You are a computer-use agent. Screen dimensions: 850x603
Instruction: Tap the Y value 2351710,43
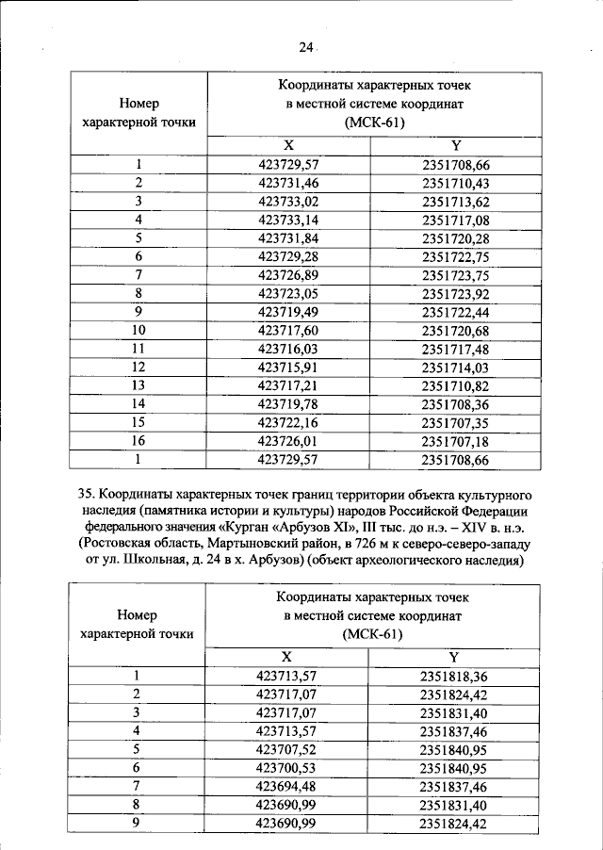[x=456, y=183]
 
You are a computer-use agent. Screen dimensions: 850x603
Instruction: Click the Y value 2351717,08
[x=456, y=220]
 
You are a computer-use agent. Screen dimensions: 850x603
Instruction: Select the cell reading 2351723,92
[x=456, y=293]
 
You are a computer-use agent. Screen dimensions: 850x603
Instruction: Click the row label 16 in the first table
[x=138, y=441]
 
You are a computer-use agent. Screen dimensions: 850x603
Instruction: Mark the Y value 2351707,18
[x=456, y=441]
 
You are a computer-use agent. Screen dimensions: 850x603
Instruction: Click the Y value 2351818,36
[x=456, y=676]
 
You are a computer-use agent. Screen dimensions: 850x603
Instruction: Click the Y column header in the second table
[x=456, y=657]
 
